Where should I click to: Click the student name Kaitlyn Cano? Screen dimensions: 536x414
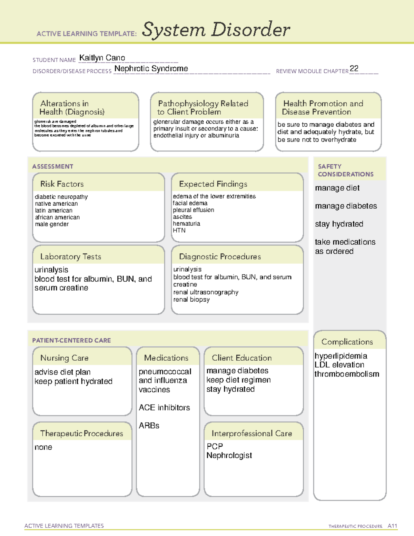pyautogui.click(x=102, y=58)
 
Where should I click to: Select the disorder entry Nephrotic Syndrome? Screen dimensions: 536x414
pyautogui.click(x=151, y=69)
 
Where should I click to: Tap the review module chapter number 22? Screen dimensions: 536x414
pyautogui.click(x=354, y=68)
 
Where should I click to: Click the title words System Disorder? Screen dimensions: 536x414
pyautogui.click(x=216, y=30)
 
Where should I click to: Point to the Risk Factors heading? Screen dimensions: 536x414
pyautogui.click(x=62, y=184)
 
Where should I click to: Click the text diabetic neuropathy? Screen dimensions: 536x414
pyautogui.click(x=61, y=197)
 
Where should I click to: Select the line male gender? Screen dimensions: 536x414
pyautogui.click(x=52, y=224)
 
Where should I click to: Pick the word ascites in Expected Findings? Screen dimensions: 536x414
pyautogui.click(x=182, y=217)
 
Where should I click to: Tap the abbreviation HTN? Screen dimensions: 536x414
pyautogui.click(x=179, y=230)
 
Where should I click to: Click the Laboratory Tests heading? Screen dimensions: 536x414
pyautogui.click(x=70, y=256)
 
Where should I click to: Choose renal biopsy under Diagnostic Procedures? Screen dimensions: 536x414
pyautogui.click(x=191, y=300)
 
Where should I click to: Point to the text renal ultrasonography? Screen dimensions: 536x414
pyautogui.click(x=206, y=292)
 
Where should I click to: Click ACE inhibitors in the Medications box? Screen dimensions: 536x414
pyautogui.click(x=164, y=408)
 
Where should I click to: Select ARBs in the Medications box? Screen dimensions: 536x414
pyautogui.click(x=149, y=426)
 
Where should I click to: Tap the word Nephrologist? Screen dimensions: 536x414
pyautogui.click(x=229, y=456)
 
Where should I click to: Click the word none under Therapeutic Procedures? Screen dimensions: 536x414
pyautogui.click(x=43, y=447)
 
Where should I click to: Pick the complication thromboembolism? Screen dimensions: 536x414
pyautogui.click(x=347, y=374)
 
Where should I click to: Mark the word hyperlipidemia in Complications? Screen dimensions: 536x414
pyautogui.click(x=341, y=356)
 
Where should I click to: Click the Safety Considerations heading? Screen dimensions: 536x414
pyautogui.click(x=345, y=170)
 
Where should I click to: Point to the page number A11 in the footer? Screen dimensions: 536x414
pyautogui.click(x=392, y=526)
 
